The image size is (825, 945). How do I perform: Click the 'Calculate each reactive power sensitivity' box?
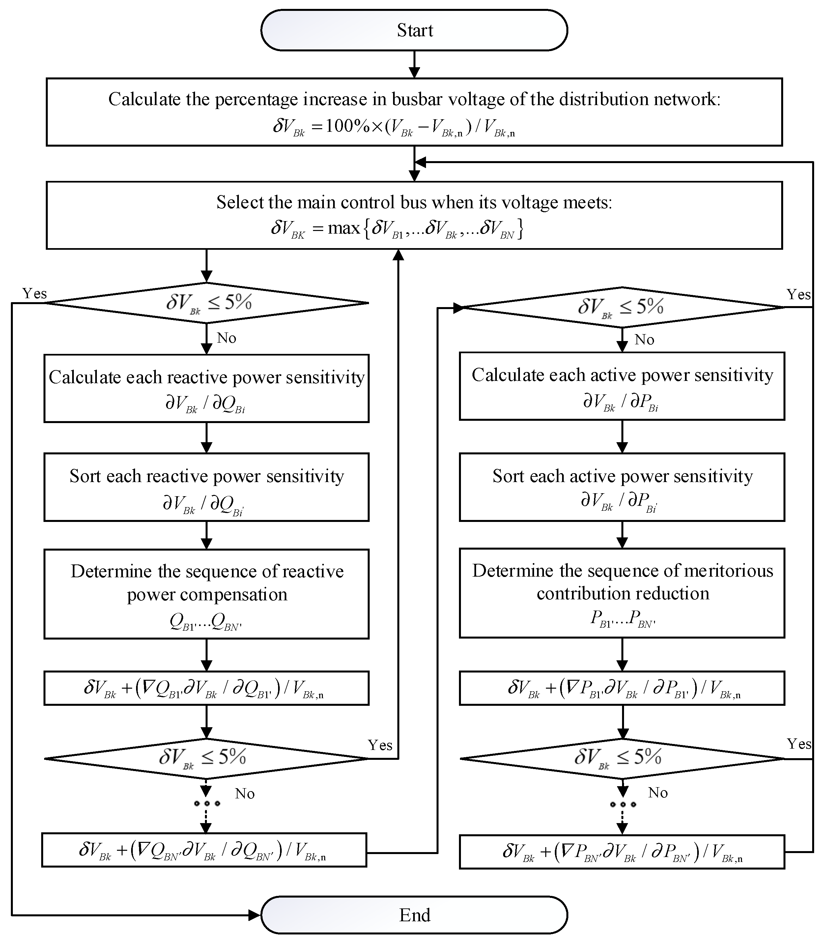206,388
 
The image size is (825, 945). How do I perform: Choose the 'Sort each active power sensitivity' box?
622,487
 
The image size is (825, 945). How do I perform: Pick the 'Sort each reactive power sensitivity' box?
206,487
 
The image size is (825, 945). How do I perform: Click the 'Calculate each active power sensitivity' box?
622,386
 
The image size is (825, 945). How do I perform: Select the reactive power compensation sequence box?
206,594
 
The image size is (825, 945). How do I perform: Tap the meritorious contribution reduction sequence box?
622,593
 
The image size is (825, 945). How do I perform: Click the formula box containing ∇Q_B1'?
206,688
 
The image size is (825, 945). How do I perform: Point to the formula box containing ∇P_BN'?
622,851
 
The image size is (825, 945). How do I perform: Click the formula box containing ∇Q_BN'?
204,850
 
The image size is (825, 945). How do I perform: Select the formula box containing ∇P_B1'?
622,688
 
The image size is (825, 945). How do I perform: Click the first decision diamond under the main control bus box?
206,303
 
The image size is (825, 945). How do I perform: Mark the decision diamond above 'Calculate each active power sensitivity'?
622,307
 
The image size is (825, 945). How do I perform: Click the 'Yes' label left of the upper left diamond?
35,294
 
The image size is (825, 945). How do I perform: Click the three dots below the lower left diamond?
207,803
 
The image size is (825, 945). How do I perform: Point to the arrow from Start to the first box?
414,65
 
